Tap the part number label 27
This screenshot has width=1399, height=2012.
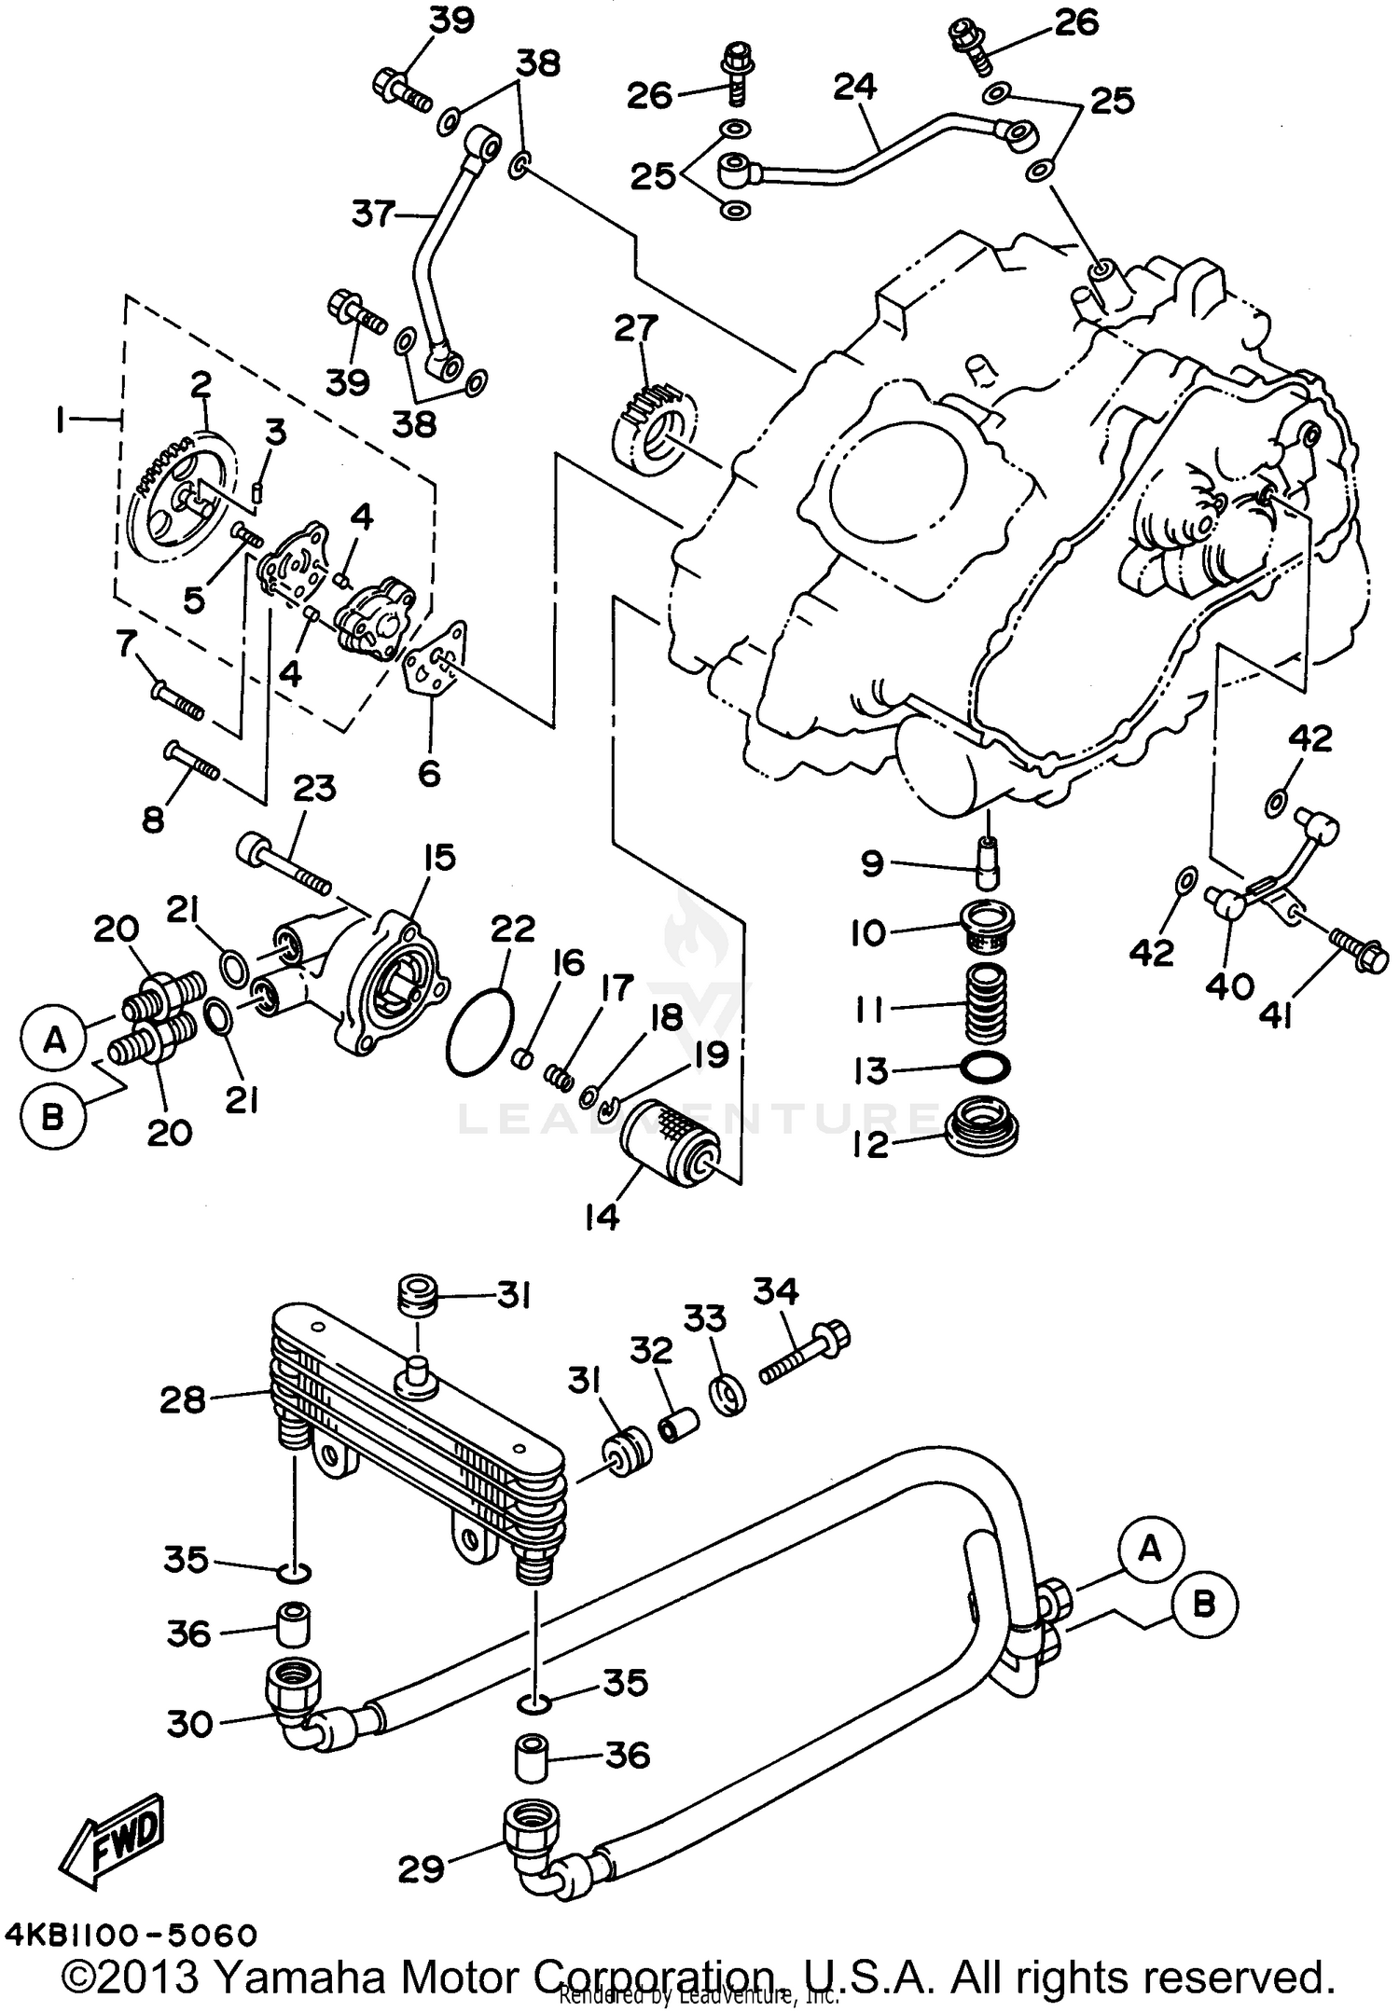tap(636, 329)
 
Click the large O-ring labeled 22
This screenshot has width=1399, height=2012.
tap(480, 1032)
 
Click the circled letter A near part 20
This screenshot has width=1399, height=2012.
tap(55, 1039)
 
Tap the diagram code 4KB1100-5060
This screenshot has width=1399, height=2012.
tap(131, 1936)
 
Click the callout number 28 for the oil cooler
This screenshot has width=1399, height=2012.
tap(182, 1399)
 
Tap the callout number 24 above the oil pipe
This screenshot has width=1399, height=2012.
tap(854, 87)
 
